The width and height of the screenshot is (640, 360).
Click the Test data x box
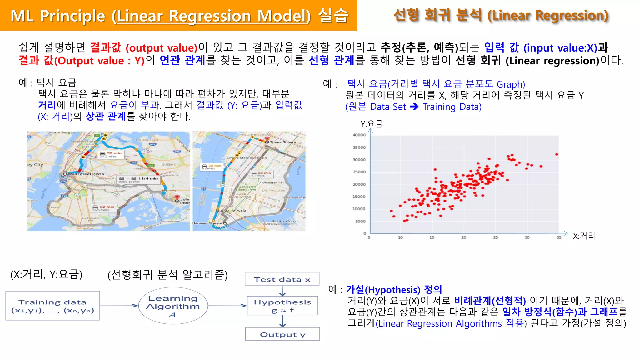coord(282,279)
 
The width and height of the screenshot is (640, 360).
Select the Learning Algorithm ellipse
coord(173,306)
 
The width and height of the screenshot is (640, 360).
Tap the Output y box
coord(282,334)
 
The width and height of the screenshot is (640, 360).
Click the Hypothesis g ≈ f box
coord(282,306)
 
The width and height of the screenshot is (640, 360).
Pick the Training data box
coord(52,306)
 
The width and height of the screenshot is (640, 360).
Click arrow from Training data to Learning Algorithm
coord(119,306)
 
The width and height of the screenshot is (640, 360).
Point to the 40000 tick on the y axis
coord(359,135)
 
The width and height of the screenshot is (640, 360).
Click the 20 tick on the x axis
coord(464,237)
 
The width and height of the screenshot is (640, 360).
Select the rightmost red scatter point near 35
coord(557,154)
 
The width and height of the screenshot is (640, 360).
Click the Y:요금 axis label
coord(371,124)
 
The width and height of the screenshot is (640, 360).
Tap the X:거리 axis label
coord(584,236)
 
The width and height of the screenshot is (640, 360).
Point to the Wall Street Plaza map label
coord(86,174)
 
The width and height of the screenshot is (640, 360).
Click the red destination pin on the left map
coord(177,197)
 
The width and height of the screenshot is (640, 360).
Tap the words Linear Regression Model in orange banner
coord(212,16)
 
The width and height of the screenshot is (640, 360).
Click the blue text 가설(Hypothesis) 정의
coord(394,290)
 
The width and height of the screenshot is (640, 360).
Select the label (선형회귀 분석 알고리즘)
coord(167,275)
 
